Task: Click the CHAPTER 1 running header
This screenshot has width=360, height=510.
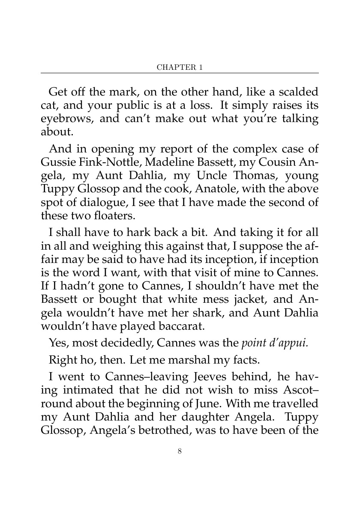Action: point(180,68)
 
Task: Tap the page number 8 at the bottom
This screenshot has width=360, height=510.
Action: point(180,450)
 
